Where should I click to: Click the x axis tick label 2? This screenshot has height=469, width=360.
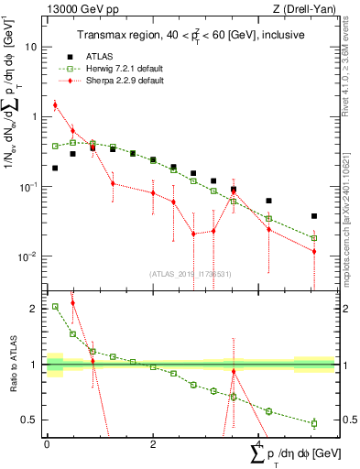153,444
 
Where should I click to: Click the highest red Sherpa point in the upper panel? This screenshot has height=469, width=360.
55,105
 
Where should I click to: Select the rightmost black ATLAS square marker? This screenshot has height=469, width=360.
314,216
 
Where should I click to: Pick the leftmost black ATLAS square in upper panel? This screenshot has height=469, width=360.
55,168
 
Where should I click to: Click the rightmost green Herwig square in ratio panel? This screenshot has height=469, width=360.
314,423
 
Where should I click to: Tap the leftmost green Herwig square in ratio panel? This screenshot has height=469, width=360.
55,307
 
